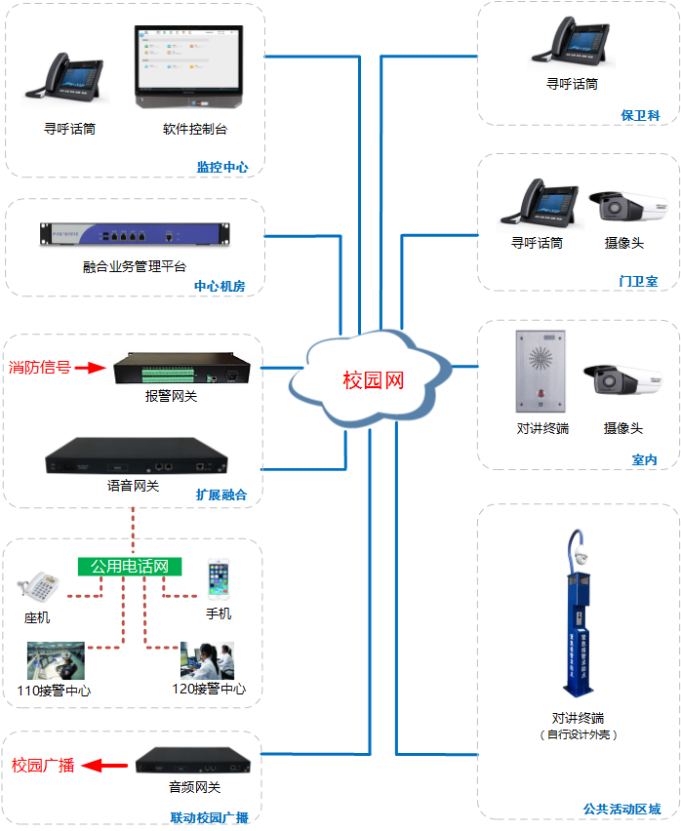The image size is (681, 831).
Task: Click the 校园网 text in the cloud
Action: pyautogui.click(x=373, y=379)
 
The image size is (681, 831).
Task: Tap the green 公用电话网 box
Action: pyautogui.click(x=130, y=566)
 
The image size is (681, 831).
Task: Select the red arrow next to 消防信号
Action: pyautogui.click(x=90, y=368)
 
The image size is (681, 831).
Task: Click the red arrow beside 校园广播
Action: pyautogui.click(x=102, y=766)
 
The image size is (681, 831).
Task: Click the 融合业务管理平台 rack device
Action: pyautogui.click(x=135, y=235)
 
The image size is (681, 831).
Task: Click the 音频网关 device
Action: pyautogui.click(x=193, y=762)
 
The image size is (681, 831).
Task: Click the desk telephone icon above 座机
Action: pyautogui.click(x=39, y=587)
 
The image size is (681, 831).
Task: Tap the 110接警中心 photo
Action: pyautogui.click(x=56, y=660)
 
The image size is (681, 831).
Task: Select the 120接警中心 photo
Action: pyautogui.click(x=207, y=660)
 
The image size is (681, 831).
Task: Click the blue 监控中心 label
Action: pyautogui.click(x=222, y=167)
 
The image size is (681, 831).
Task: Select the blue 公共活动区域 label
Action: pyautogui.click(x=621, y=809)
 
